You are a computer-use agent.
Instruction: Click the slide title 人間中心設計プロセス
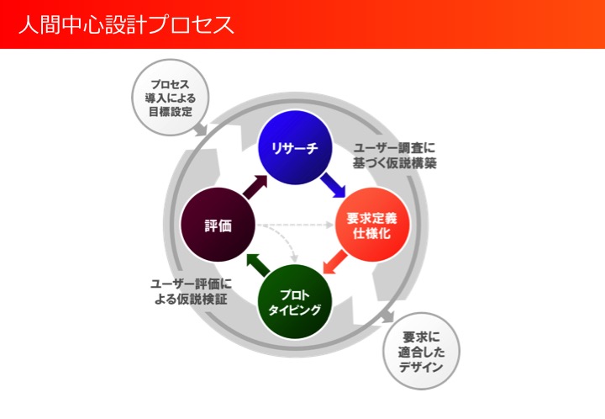[127, 24]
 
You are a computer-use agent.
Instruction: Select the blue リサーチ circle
[294, 149]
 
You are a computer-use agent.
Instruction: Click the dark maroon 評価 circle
[218, 225]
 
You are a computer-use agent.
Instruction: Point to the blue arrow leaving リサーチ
[332, 184]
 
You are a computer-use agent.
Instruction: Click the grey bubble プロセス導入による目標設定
[171, 98]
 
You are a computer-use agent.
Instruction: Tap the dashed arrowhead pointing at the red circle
[329, 225]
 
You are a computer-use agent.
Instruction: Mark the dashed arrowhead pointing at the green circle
[294, 258]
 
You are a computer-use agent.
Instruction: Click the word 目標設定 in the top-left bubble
[171, 112]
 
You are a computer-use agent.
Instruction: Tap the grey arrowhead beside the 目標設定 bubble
[203, 130]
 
